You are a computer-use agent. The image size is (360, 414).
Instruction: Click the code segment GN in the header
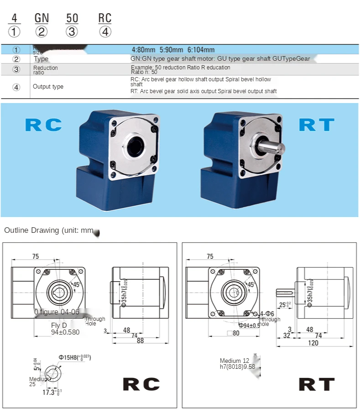[x=42, y=18]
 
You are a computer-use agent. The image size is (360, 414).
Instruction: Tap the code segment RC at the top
[x=105, y=18]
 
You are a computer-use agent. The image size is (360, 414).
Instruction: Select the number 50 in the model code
[x=72, y=18]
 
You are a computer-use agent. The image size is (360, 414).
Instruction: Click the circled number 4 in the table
[x=16, y=87]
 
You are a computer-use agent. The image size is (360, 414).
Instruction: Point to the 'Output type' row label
[x=48, y=87]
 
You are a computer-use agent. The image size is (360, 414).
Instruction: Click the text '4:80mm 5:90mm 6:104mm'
[x=173, y=50]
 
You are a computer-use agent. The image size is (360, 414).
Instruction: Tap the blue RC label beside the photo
[x=43, y=125]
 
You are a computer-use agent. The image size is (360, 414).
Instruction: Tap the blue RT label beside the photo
[x=316, y=125]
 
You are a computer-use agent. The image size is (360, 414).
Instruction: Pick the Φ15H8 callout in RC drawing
[x=74, y=357]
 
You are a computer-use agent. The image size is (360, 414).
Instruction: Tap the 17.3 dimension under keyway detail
[x=50, y=392]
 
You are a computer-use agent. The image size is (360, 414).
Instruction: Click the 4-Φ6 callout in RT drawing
[x=267, y=314]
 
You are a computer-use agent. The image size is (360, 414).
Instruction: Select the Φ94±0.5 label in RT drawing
[x=249, y=325]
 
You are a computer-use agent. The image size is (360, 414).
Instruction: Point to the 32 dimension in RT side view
[x=287, y=335]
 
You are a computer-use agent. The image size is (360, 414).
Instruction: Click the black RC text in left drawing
[x=141, y=384]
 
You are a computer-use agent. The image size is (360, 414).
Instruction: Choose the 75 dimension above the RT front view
[x=210, y=257]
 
